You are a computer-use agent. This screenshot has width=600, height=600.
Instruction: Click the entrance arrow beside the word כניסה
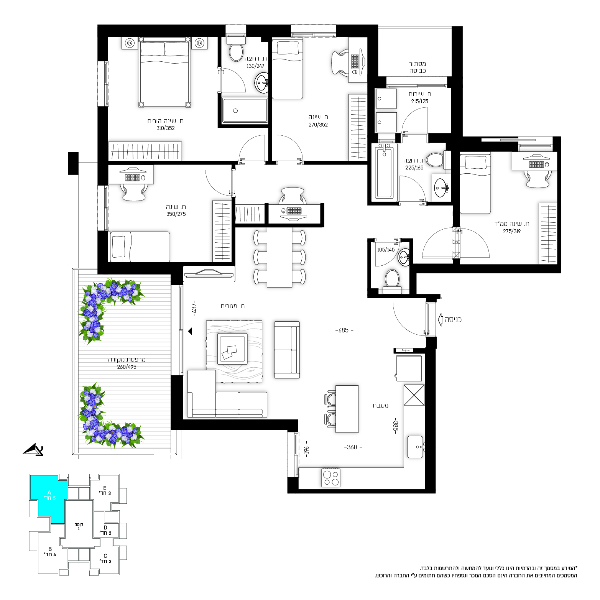[x=441, y=319]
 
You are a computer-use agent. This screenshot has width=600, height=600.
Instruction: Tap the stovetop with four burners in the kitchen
[x=331, y=478]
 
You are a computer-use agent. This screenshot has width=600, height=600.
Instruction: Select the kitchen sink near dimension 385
[x=415, y=447]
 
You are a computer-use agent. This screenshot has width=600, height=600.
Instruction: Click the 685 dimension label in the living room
[x=344, y=330]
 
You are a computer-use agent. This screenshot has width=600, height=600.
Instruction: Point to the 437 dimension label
[x=194, y=308]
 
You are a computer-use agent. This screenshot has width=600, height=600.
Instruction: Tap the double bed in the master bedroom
[x=164, y=72]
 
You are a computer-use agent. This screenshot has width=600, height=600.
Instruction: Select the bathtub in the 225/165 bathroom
[x=385, y=172]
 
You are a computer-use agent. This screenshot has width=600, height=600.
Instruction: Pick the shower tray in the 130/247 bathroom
[x=245, y=110]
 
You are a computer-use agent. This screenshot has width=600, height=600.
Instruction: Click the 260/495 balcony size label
[x=127, y=367]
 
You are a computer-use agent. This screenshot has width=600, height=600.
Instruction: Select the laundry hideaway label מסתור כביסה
[x=417, y=67]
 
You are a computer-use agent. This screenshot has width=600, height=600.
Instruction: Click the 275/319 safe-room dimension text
[x=512, y=231]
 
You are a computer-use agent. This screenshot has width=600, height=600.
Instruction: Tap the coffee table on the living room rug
[x=232, y=348]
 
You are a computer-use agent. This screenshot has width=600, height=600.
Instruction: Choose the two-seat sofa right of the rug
[x=287, y=350]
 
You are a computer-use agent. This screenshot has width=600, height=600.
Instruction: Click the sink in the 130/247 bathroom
[x=262, y=83]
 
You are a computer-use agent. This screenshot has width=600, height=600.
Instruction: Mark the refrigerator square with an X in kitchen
[x=414, y=395]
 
